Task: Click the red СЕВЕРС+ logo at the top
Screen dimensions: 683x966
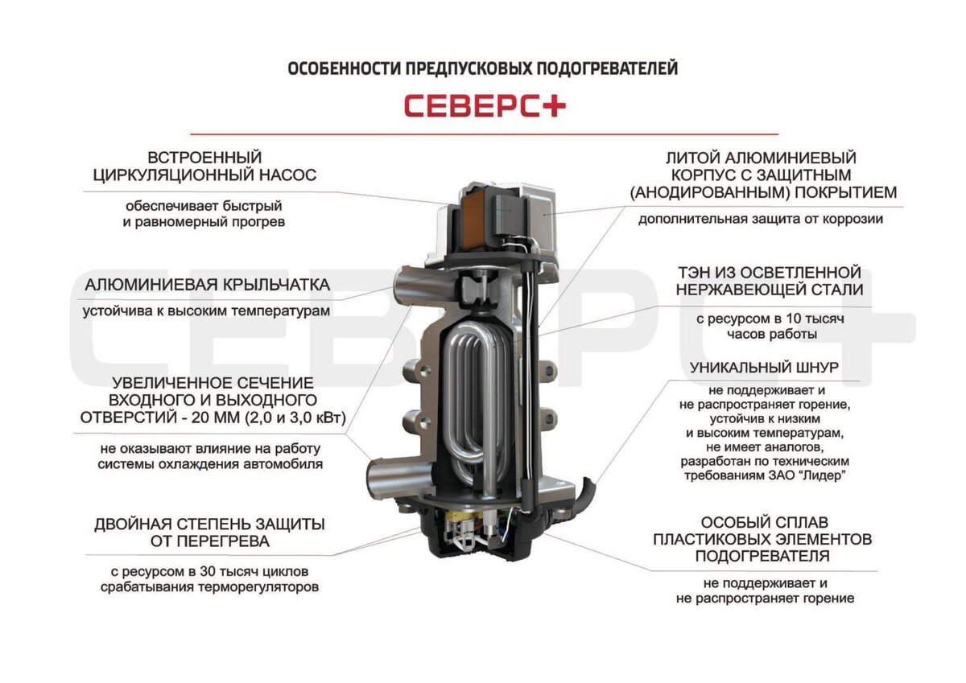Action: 484,106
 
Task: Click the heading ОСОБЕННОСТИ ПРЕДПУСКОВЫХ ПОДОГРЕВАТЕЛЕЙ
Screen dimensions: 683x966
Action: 483,69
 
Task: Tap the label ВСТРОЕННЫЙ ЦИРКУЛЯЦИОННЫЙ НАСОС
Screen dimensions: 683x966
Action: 204,166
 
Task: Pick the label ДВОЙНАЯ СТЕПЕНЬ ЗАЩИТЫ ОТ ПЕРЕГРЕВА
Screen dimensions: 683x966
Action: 208,533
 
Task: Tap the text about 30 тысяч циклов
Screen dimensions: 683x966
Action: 209,579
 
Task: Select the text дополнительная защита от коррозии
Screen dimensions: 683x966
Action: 762,219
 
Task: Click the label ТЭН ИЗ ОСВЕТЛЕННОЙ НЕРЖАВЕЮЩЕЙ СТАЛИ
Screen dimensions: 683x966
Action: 769,281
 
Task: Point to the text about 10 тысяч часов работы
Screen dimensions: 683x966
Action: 769,327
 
